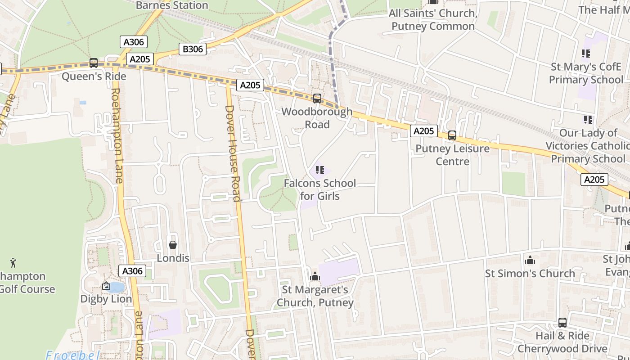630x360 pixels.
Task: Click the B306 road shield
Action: click(193, 49)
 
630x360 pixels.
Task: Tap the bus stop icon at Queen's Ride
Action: click(94, 63)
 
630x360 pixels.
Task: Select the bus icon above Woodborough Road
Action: click(317, 98)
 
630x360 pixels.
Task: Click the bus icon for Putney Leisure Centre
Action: click(452, 135)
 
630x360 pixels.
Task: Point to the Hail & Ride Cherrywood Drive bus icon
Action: click(562, 322)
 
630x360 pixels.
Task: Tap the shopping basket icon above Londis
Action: click(173, 245)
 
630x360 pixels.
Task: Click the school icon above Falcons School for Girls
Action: click(320, 170)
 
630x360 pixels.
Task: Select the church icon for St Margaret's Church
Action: click(315, 276)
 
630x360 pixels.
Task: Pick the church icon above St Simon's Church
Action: click(530, 260)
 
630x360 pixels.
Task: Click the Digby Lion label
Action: click(106, 299)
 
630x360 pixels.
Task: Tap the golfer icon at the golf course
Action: click(13, 262)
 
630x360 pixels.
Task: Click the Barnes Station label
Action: click(172, 5)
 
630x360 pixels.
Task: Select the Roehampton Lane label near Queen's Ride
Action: click(116, 135)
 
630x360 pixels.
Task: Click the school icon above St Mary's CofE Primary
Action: click(586, 54)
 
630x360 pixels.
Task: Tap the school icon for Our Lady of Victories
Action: click(588, 119)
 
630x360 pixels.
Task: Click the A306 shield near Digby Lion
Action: click(132, 271)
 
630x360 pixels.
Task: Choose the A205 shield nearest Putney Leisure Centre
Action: click(423, 131)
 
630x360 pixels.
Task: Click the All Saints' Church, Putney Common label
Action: click(433, 20)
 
